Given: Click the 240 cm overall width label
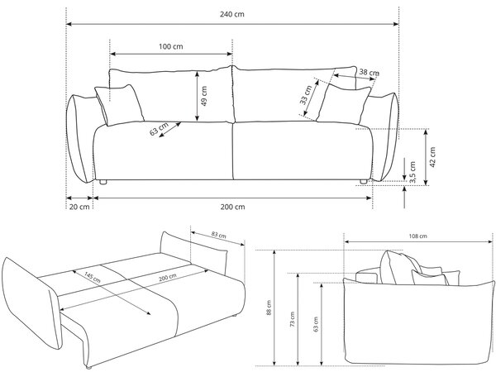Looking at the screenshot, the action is (232, 14).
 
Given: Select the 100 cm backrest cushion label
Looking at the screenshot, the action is (171, 46).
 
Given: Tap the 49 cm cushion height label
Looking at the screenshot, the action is (204, 96).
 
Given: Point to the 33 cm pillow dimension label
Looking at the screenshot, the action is (306, 95).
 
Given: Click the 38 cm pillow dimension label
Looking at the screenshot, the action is (370, 73).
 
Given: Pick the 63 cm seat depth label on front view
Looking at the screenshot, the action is (159, 129).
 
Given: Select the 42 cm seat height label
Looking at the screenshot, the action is (432, 157).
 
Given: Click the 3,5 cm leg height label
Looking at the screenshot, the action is (413, 172).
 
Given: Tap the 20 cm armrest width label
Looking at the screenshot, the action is (79, 207).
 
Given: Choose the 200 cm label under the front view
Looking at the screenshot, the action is (232, 207).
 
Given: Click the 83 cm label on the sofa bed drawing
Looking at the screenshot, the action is (218, 235).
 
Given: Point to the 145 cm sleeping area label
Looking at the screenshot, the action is (93, 277).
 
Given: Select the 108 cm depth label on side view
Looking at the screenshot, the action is (417, 236).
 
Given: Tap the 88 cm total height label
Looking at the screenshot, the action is (269, 308).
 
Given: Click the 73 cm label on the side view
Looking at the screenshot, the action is (292, 319).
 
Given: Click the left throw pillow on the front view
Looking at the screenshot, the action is (120, 105).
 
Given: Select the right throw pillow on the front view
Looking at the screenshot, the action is (344, 104).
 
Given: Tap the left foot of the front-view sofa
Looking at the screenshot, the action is (103, 182).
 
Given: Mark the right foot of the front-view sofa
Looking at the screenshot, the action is (363, 182).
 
